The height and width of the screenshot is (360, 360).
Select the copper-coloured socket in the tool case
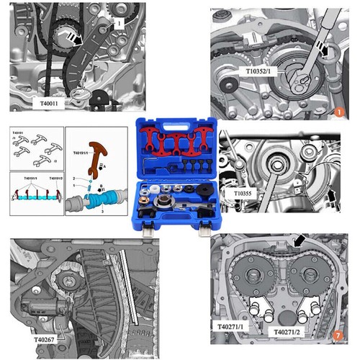(182, 193)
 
